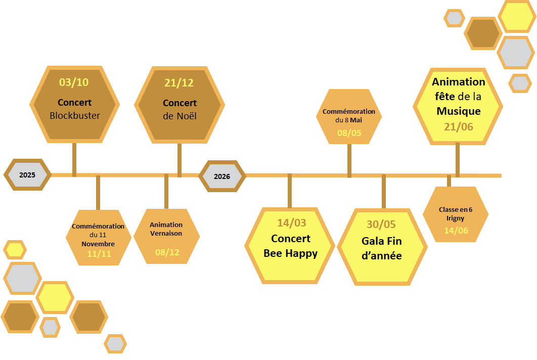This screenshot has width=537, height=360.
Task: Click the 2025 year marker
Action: click(x=27, y=175)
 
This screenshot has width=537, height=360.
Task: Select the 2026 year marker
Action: click(x=222, y=176)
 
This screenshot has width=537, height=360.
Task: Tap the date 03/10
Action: click(x=74, y=82)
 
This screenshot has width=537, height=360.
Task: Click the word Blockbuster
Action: click(x=75, y=115)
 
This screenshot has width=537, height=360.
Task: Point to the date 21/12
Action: click(x=179, y=83)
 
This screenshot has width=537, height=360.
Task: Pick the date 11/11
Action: click(x=99, y=254)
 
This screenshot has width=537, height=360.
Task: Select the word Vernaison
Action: click(x=166, y=233)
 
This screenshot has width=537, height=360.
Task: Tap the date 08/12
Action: click(x=167, y=252)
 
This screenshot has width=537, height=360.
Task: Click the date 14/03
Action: click(x=292, y=223)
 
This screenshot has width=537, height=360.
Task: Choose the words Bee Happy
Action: click(x=291, y=253)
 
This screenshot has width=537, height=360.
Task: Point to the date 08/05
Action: click(x=349, y=133)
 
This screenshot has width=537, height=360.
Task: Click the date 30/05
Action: click(x=381, y=225)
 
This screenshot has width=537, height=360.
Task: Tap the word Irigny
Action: click(x=456, y=218)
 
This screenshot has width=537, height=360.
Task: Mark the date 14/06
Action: click(x=456, y=230)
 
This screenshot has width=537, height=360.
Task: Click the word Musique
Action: click(x=459, y=111)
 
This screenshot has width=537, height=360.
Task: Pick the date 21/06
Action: click(x=459, y=126)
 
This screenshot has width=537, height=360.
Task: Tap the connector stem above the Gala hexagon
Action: click(x=384, y=192)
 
